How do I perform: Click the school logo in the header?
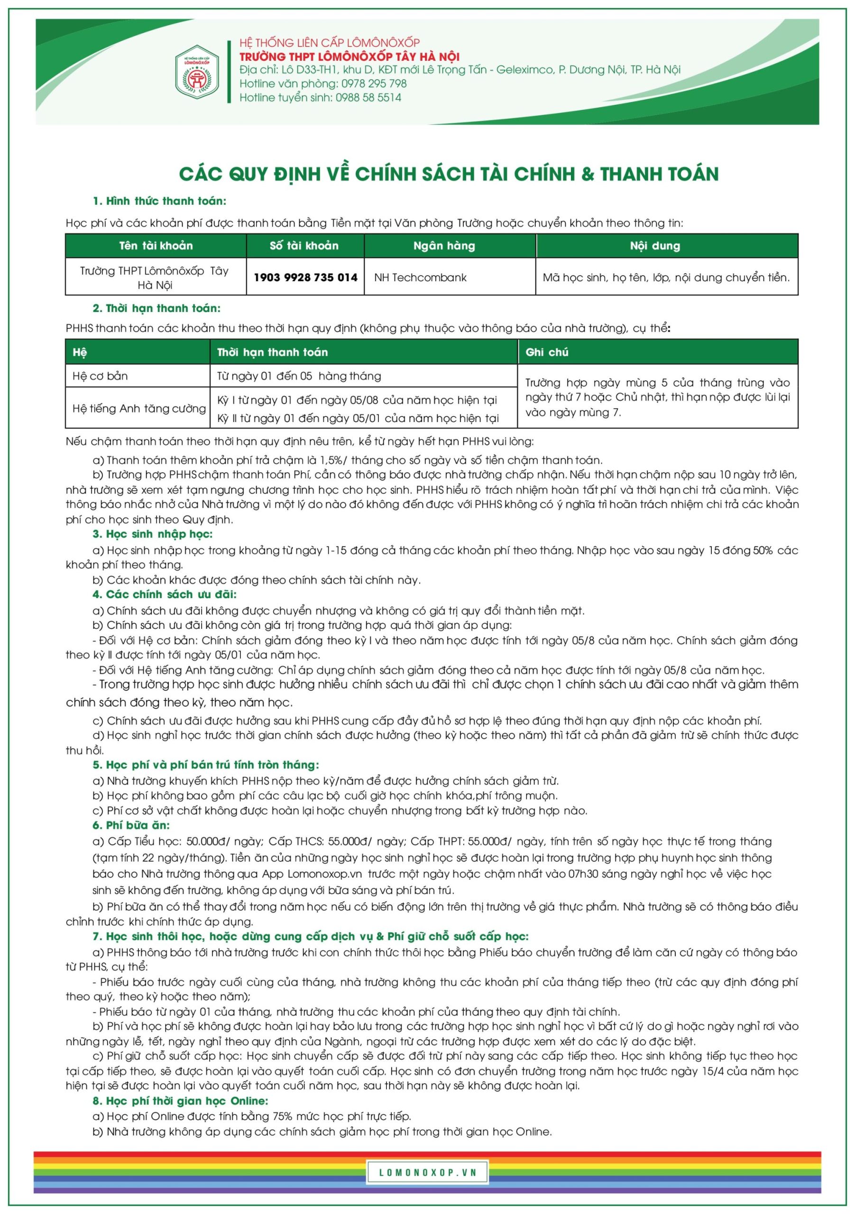click(x=197, y=72)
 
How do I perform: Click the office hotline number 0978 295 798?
click(x=373, y=83)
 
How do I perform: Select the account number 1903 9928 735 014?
click(x=305, y=277)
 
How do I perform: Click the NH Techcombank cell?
click(x=420, y=277)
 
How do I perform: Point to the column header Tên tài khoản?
click(x=156, y=246)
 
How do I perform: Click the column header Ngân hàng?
click(x=444, y=246)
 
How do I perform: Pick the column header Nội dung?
click(x=654, y=246)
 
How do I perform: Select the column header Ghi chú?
click(x=547, y=352)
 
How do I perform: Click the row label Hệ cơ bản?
click(x=101, y=376)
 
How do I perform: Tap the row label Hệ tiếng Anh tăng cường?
click(x=139, y=408)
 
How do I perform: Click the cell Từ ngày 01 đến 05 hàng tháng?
click(x=299, y=376)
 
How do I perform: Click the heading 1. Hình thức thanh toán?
click(x=159, y=202)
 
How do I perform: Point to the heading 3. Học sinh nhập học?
click(x=152, y=534)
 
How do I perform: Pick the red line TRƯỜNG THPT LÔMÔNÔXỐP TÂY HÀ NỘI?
click(x=349, y=56)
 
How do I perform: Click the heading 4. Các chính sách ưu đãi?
click(x=165, y=595)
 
